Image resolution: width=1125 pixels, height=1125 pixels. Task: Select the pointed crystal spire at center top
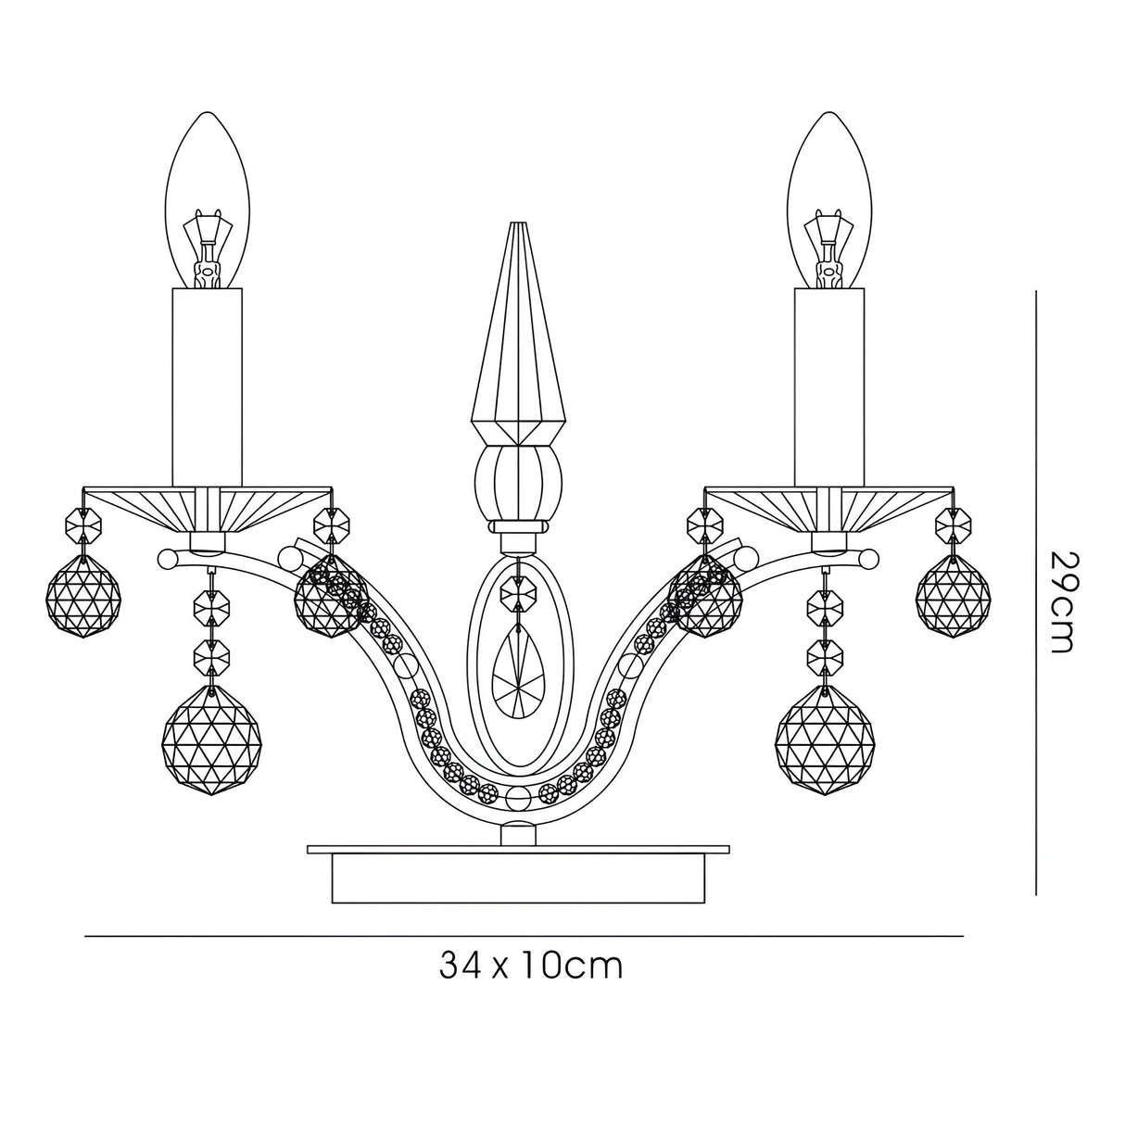pyautogui.click(x=517, y=334)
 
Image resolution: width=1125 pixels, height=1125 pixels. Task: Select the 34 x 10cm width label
pyautogui.click(x=530, y=967)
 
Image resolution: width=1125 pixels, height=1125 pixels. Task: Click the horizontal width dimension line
pyautogui.click(x=278, y=936)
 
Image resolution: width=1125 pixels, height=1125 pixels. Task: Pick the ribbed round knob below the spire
pyautogui.click(x=517, y=484)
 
